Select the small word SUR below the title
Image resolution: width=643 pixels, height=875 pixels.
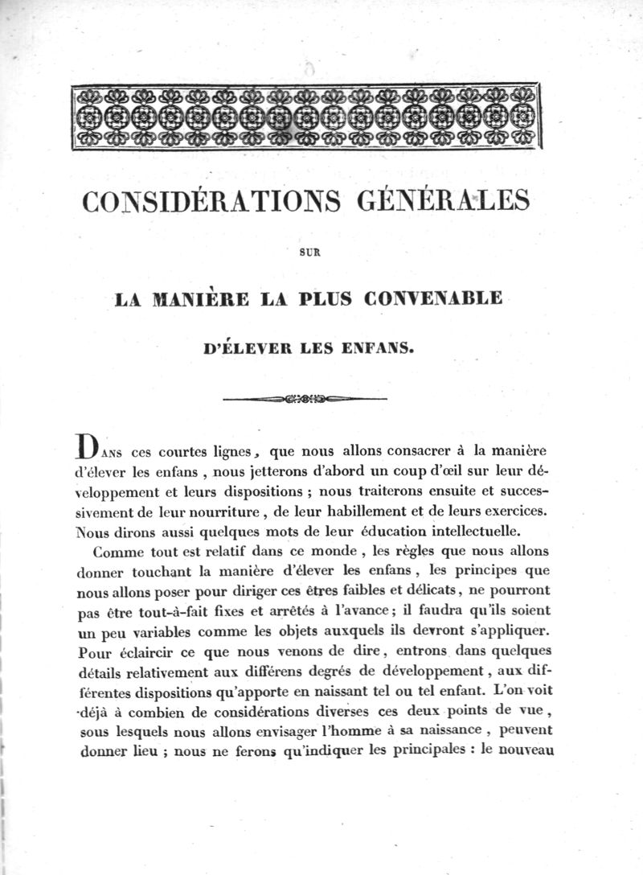pos(309,253)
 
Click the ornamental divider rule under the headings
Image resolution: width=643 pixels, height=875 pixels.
pos(305,398)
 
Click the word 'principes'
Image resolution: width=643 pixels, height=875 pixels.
pos(476,573)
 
